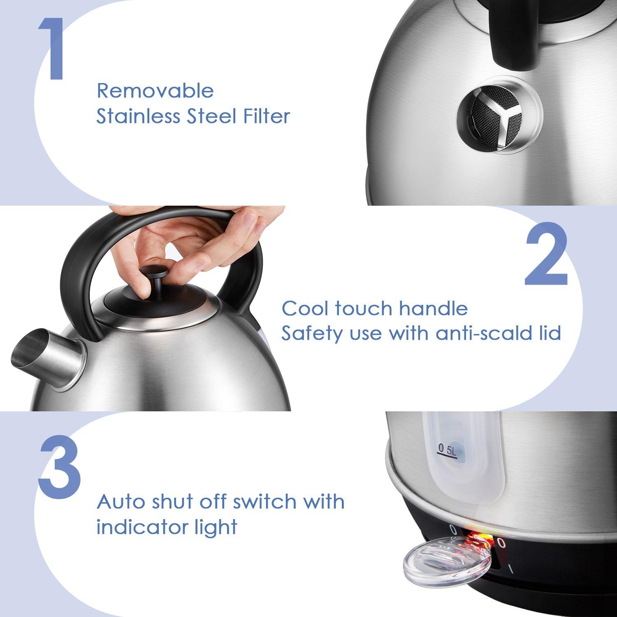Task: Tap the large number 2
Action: pyautogui.click(x=546, y=255)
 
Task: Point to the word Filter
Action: pyautogui.click(x=265, y=116)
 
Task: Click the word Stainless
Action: pyautogui.click(x=138, y=116)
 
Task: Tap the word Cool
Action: pyautogui.click(x=305, y=308)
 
